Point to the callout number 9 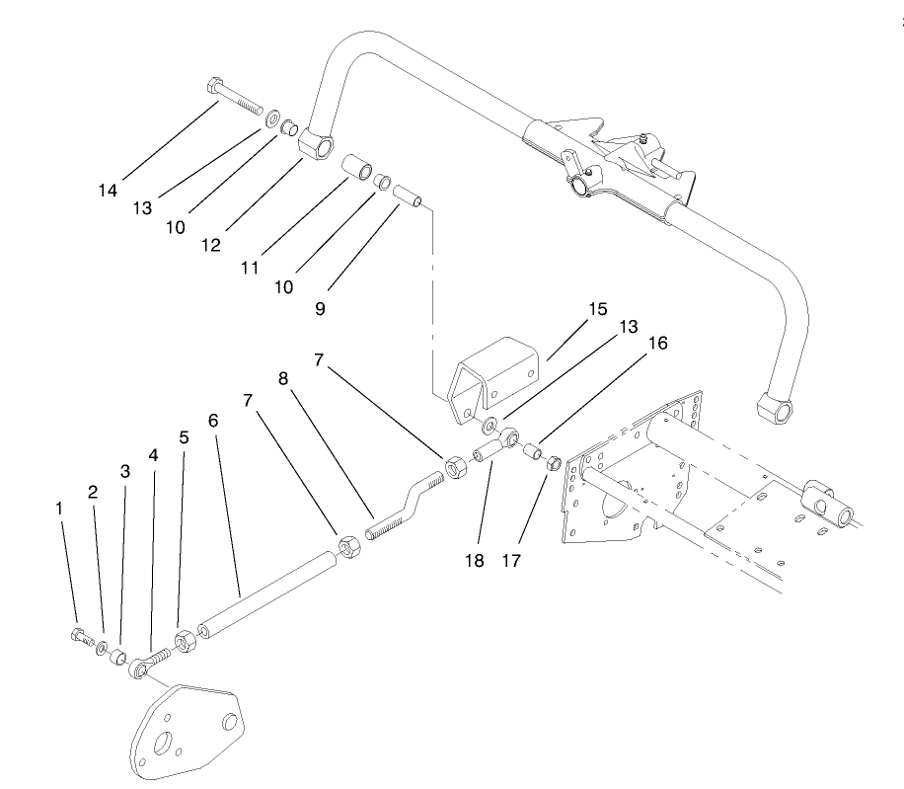point(321,308)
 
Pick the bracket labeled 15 point(496,373)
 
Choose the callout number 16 point(657,344)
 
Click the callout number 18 point(475,560)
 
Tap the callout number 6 point(213,421)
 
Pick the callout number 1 point(60,508)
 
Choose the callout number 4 point(153,456)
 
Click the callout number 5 point(184,436)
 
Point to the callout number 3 point(125,472)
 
